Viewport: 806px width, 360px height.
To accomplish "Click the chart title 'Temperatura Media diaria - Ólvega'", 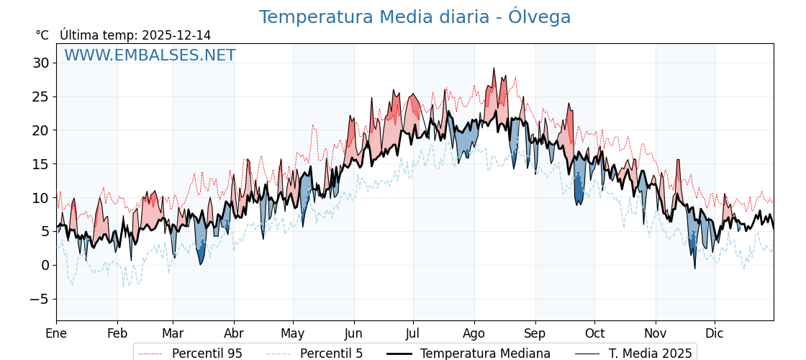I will (x=415, y=17).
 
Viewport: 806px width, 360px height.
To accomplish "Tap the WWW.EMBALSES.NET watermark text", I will (x=150, y=55).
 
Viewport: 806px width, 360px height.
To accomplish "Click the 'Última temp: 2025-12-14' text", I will (x=135, y=35).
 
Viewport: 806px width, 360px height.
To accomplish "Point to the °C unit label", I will (x=42, y=35).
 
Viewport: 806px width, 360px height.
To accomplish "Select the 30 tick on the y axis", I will (x=41, y=63).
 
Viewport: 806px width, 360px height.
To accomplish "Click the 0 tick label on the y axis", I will (x=45, y=265).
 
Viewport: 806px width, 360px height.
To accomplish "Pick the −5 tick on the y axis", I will (x=41, y=299).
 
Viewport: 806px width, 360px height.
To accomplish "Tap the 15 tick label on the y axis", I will (x=41, y=164).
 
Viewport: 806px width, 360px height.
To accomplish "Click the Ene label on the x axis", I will (x=56, y=333).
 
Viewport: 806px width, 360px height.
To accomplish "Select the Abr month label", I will (x=234, y=333).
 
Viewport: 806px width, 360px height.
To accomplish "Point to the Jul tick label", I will (x=413, y=333).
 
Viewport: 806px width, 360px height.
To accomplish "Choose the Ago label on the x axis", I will (x=474, y=333).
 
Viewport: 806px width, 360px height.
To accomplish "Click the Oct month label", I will (x=594, y=333).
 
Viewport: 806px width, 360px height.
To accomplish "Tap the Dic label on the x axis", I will (x=715, y=333).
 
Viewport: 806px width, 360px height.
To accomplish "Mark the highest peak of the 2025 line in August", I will (x=494, y=68).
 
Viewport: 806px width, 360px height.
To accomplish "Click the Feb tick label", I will (x=117, y=333).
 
